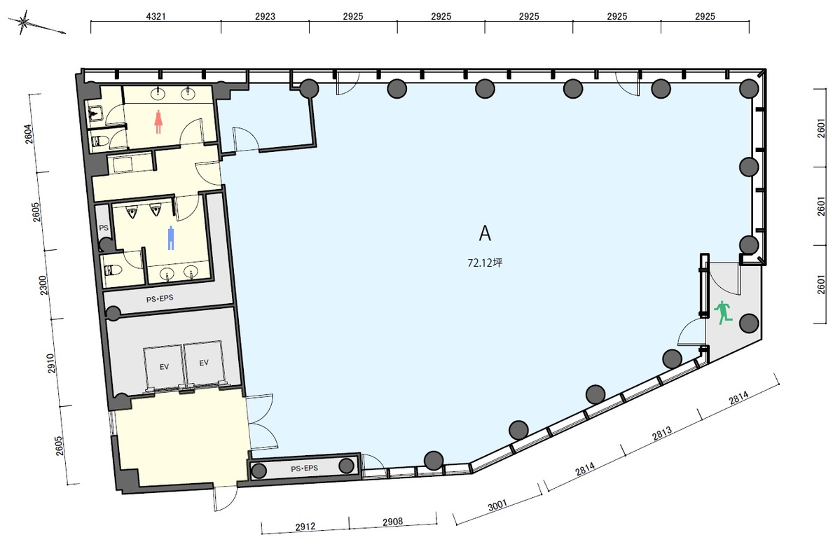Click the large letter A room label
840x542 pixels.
[x=484, y=233]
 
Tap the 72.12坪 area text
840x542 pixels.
[x=485, y=263]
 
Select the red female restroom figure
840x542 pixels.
[x=158, y=122]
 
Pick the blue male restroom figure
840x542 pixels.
[x=171, y=238]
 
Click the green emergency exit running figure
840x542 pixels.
[x=723, y=312]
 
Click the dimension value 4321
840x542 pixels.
[x=156, y=17]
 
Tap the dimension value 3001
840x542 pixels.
[x=497, y=506]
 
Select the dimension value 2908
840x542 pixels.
[x=393, y=522]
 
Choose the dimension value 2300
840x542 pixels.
[x=43, y=285]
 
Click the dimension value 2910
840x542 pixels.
[x=51, y=363]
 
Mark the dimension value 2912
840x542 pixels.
[x=305, y=527]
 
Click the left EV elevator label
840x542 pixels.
[x=164, y=367]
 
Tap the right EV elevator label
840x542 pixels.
[x=204, y=363]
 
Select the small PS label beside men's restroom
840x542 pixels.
[x=104, y=228]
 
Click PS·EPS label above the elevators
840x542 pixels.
[x=160, y=298]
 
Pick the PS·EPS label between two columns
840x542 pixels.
[x=304, y=468]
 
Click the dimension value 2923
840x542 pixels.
[x=265, y=17]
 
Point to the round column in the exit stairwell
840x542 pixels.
[x=749, y=324]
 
